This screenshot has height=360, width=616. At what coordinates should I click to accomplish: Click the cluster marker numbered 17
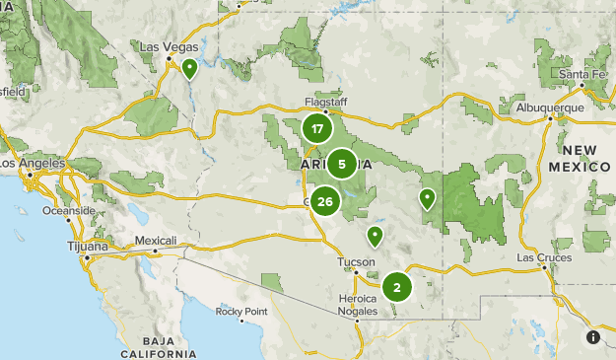tap(316, 129)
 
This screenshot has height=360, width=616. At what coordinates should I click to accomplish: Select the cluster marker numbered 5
tap(341, 164)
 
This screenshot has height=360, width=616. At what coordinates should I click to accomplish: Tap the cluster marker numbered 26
tap(325, 202)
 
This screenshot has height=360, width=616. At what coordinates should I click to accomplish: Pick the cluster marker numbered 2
tap(396, 287)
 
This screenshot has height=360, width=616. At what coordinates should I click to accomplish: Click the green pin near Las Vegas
tap(188, 69)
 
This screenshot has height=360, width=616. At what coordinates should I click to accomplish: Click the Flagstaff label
tap(325, 101)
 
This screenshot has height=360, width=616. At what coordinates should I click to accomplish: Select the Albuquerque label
tap(544, 107)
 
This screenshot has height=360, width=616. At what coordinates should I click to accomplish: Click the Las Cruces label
tap(543, 257)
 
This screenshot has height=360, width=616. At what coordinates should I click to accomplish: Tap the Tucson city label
tap(356, 261)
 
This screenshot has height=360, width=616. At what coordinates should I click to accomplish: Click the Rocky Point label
tap(241, 312)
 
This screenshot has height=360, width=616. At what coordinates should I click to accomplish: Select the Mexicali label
tap(155, 241)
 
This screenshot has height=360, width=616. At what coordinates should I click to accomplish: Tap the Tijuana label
tap(86, 246)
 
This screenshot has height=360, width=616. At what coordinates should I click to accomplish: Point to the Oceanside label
tap(68, 211)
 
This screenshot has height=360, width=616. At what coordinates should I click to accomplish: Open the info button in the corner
tap(593, 337)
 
